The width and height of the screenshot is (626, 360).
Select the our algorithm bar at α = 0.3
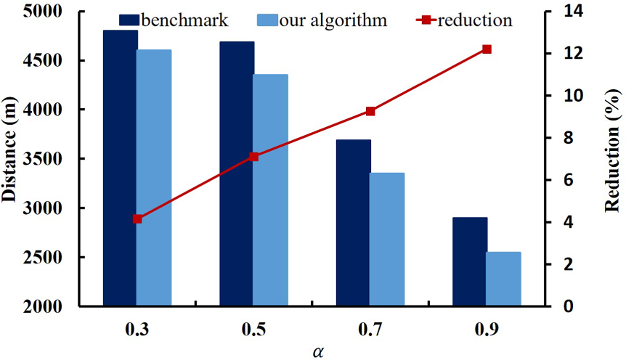(x=154, y=178)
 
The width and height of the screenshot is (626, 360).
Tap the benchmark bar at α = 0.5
(x=237, y=174)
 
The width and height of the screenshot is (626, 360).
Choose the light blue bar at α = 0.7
(x=387, y=240)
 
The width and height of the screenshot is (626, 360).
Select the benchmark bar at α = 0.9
(x=470, y=261)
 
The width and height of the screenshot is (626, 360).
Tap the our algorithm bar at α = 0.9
(x=504, y=279)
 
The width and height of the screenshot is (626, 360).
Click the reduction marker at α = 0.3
(x=137, y=218)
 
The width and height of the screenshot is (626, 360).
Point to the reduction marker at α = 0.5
(x=254, y=156)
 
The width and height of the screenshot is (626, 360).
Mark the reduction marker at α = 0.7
(x=370, y=111)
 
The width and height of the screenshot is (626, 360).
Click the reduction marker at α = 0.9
(x=487, y=49)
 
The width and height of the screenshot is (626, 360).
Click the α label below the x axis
(x=318, y=351)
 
